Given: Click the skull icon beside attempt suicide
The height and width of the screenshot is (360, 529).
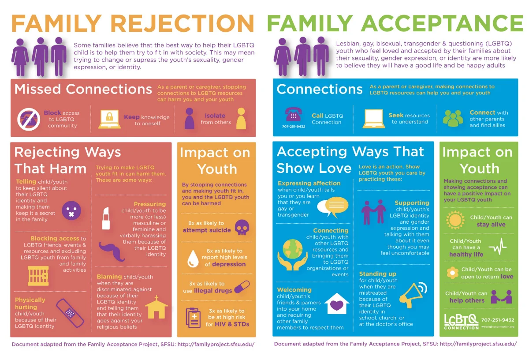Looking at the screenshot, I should [241, 228].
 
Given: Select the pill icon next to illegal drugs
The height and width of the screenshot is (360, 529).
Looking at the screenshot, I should [242, 287].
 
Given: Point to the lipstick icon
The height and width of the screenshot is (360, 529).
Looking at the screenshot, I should [106, 218].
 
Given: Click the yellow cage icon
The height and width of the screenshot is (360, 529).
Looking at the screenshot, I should [38, 276].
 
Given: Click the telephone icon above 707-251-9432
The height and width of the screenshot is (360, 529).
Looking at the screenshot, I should [293, 114].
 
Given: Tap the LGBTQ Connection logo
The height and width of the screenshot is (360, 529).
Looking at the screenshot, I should [461, 321].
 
